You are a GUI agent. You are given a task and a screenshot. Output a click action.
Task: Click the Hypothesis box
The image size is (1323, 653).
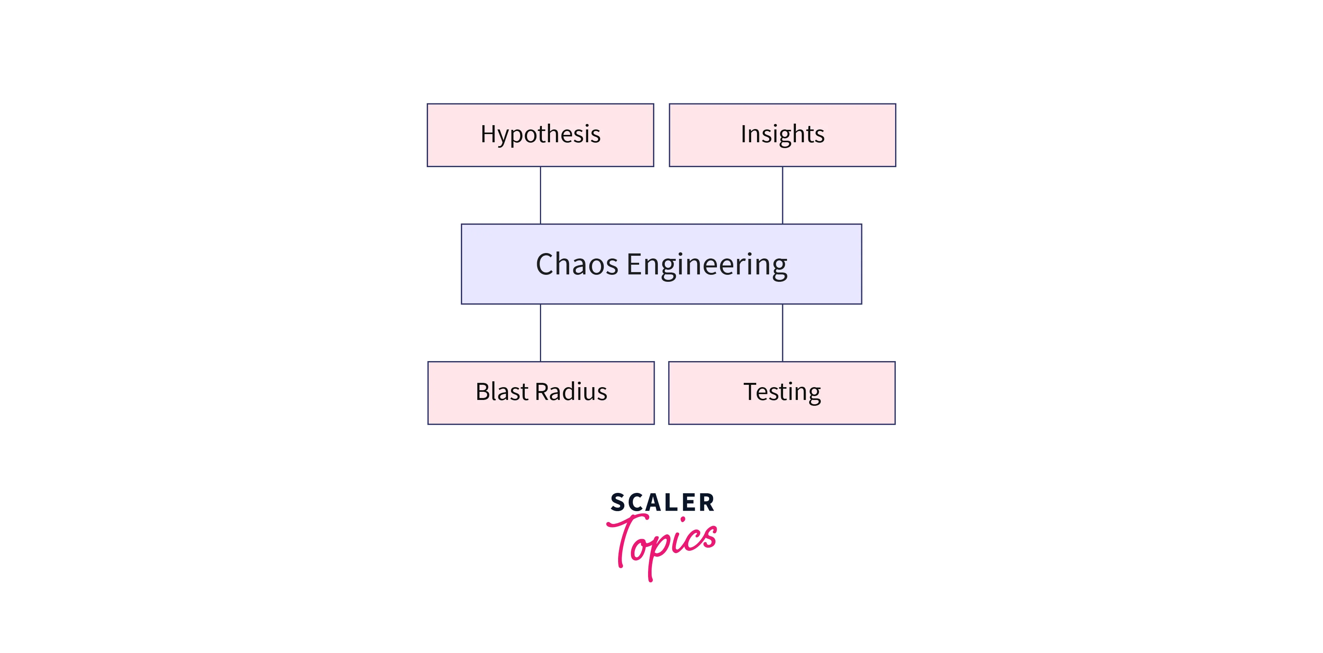pyautogui.click(x=540, y=135)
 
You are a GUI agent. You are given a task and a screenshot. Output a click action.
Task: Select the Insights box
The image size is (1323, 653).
pyautogui.click(x=782, y=135)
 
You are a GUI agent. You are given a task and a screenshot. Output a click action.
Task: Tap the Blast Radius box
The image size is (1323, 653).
pyautogui.click(x=541, y=393)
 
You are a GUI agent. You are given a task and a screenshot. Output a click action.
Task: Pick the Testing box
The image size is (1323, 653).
pyautogui.click(x=782, y=393)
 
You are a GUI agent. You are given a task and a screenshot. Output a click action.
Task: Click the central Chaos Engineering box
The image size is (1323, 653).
pyautogui.click(x=661, y=264)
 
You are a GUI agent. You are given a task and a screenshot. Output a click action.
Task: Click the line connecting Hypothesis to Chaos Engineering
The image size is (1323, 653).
pyautogui.click(x=540, y=195)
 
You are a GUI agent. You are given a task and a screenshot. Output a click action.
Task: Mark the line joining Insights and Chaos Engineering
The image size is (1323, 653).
pyautogui.click(x=782, y=195)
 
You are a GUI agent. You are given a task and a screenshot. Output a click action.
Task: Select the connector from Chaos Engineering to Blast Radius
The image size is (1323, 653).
pyautogui.click(x=540, y=333)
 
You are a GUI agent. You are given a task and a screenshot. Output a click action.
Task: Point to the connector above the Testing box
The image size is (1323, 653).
pyautogui.click(x=782, y=333)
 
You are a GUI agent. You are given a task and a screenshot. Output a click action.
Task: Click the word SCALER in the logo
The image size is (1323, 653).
pyautogui.click(x=662, y=502)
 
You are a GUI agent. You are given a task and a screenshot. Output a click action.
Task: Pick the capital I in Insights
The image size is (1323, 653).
pyautogui.click(x=744, y=134)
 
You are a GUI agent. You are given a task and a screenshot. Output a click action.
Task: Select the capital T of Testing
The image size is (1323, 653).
pyautogui.click(x=752, y=392)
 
